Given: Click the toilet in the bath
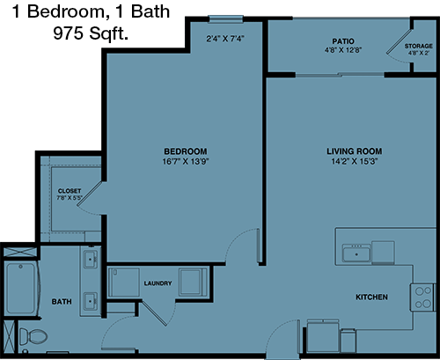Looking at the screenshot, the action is [x=33, y=336].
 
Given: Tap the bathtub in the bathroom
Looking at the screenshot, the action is [x=20, y=289].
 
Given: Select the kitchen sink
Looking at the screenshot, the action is [x=356, y=254].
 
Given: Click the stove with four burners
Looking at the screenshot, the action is [x=423, y=298].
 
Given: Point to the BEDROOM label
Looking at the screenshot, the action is [x=186, y=151].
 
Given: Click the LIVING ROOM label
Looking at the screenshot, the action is [x=355, y=151].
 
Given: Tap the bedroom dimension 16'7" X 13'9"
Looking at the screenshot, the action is [x=186, y=161].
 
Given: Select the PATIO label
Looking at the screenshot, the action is [x=343, y=41].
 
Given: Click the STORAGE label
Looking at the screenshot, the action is [x=419, y=46].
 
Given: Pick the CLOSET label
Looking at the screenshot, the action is [x=70, y=191].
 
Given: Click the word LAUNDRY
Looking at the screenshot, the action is [x=158, y=283].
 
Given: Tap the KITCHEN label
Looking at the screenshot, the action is [x=371, y=298].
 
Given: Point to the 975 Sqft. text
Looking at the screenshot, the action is [x=91, y=33].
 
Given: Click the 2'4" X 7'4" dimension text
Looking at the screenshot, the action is [x=225, y=39].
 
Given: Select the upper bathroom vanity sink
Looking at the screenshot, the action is [x=91, y=259].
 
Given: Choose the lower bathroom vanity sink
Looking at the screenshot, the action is [x=91, y=301].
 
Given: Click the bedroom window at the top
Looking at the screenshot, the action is [x=226, y=19].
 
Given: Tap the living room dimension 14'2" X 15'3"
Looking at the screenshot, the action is [x=355, y=161].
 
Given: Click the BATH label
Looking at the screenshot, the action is [x=62, y=302].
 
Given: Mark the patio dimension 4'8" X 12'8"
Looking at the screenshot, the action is [x=343, y=50].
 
